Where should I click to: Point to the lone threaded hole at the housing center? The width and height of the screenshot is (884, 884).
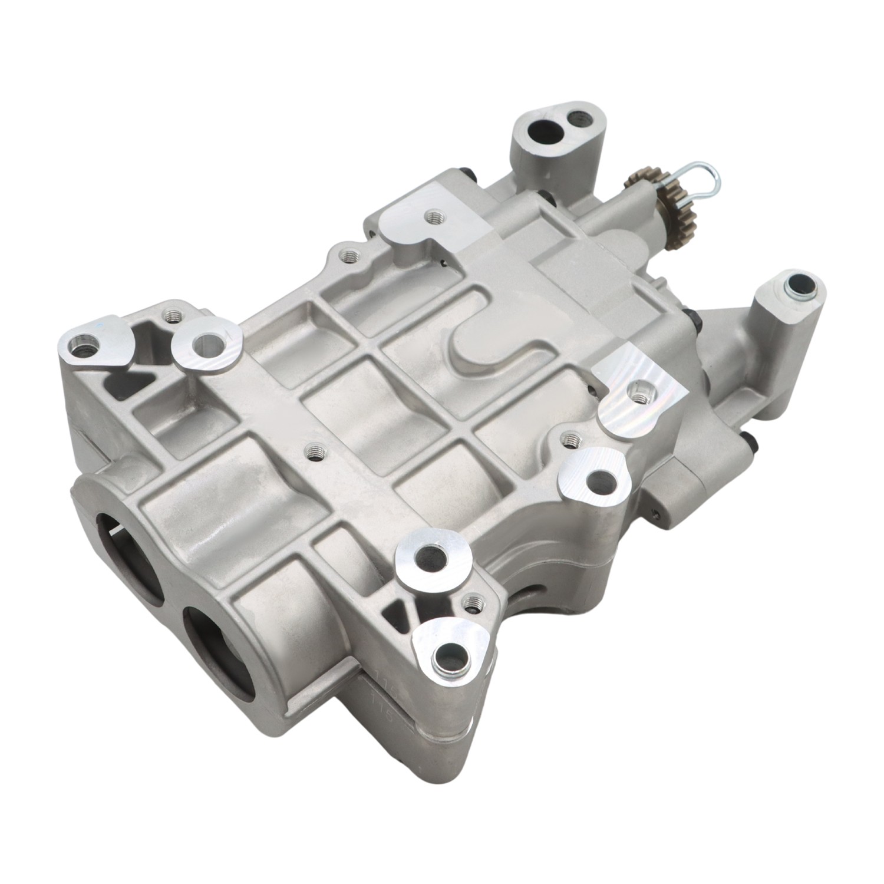click(312, 453)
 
